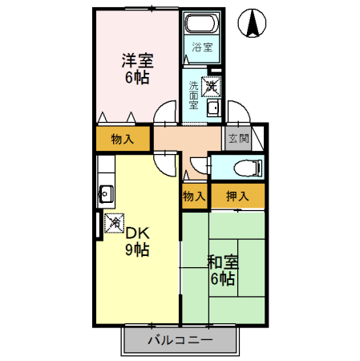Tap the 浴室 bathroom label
(x=201, y=47)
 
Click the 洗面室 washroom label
(x=194, y=94)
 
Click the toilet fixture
(x=245, y=168)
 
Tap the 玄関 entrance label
(x=238, y=138)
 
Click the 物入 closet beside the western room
(x=122, y=139)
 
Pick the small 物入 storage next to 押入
(x=195, y=195)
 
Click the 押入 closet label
(x=237, y=195)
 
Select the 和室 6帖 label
(x=221, y=270)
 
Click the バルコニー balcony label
(x=180, y=341)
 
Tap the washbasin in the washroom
(x=213, y=109)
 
